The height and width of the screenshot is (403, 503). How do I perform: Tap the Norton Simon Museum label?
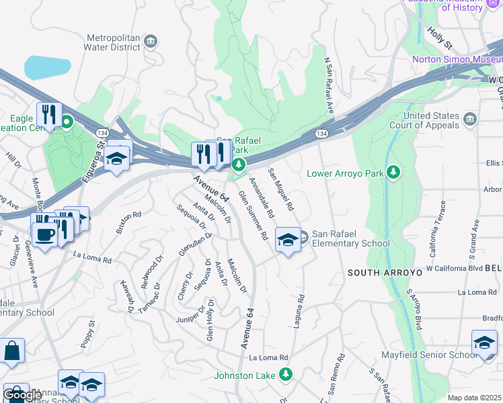click(454, 59)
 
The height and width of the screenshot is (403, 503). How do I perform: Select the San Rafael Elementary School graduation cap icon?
click(288, 240)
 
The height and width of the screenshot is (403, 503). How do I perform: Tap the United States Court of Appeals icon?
click(469, 119)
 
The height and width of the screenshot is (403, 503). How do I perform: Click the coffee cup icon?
click(45, 236)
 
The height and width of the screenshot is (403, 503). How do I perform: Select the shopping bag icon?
click(11, 351)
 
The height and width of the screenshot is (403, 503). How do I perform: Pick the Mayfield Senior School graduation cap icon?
click(484, 343)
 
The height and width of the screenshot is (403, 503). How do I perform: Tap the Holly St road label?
click(440, 40)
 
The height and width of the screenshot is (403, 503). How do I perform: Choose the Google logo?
click(22, 394)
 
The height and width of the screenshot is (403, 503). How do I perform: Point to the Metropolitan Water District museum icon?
click(151, 42)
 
